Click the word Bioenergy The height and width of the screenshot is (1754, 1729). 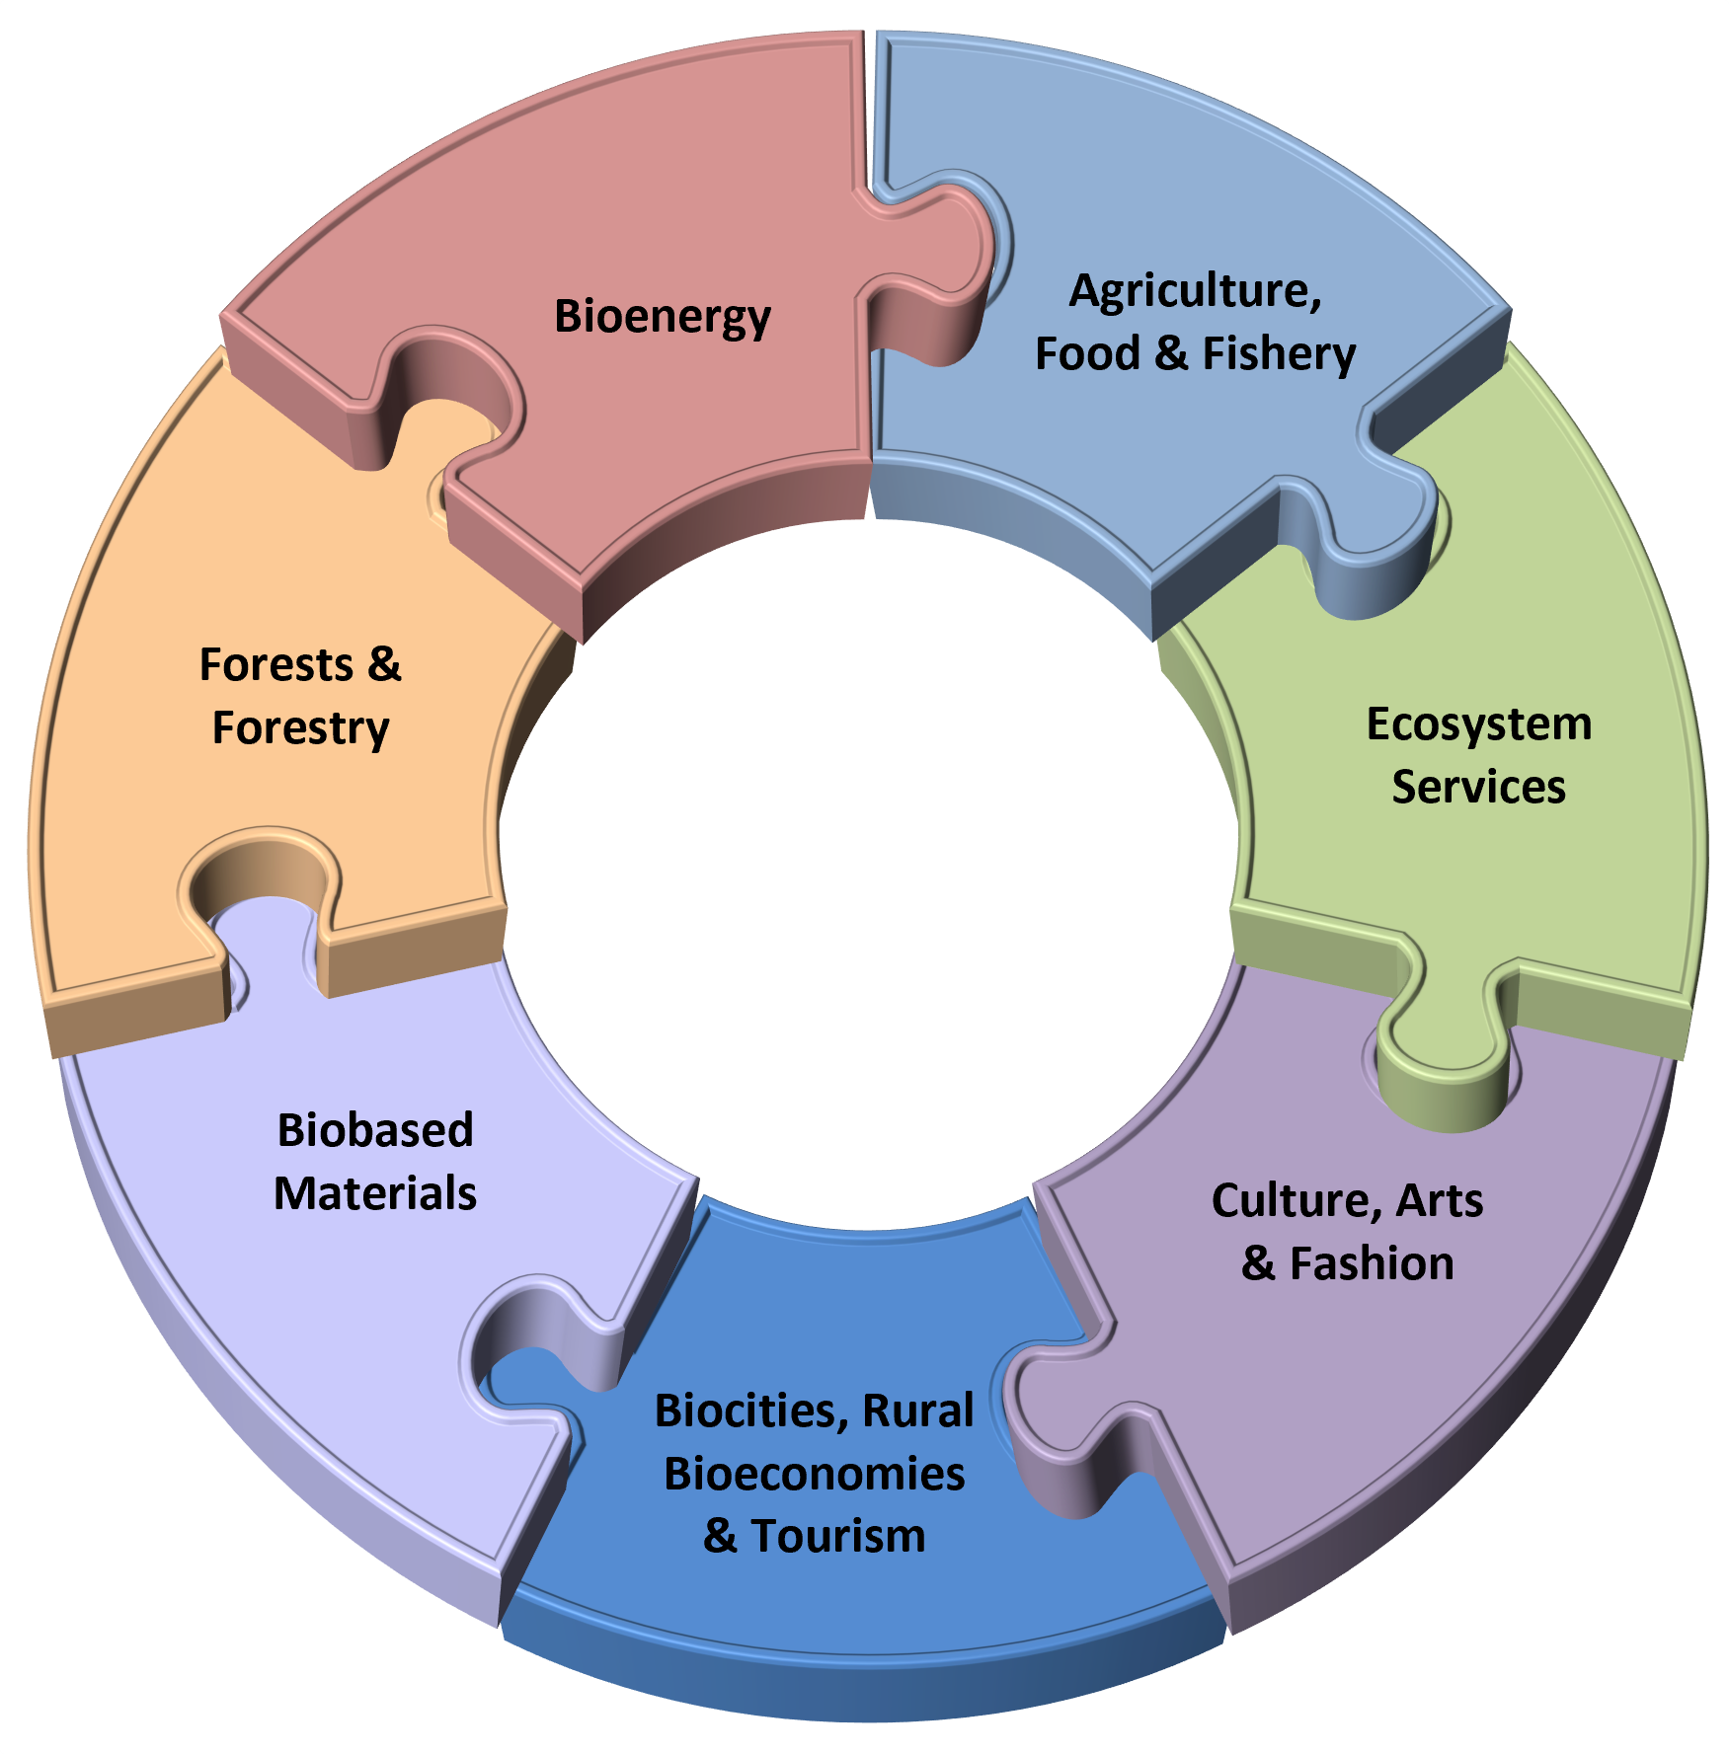(662, 318)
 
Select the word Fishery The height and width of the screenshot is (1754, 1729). (1279, 354)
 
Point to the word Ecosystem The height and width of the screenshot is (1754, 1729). (1478, 725)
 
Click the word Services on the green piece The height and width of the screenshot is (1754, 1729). (1478, 788)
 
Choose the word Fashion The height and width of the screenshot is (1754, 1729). (1372, 1264)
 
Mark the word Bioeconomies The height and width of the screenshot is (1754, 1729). (814, 1474)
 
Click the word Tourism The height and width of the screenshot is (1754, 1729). (838, 1537)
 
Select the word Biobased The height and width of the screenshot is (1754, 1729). (375, 1131)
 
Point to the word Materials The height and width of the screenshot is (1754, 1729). (375, 1194)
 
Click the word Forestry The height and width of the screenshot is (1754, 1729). (301, 728)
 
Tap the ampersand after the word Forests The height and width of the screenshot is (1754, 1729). (385, 665)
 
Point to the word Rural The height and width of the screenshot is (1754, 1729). (918, 1411)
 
